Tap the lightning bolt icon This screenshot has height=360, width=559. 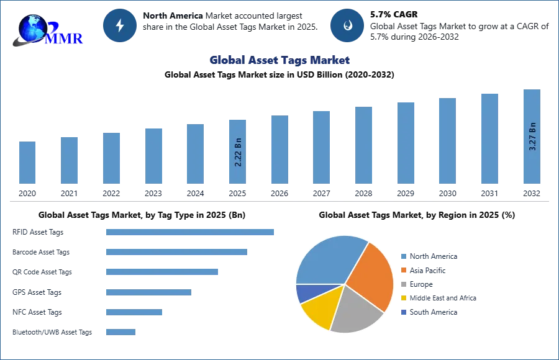tap(120, 25)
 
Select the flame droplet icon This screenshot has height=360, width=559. tap(347, 25)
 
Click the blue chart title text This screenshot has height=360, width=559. tap(280, 60)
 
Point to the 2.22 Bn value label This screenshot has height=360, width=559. tap(239, 151)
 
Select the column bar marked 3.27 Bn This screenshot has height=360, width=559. tap(532, 137)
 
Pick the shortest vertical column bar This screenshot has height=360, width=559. tap(27, 161)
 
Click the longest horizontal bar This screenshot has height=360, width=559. tap(191, 233)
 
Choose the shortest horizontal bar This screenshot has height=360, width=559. tap(121, 333)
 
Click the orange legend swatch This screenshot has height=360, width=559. tap(403, 270)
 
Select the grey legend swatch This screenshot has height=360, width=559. tap(403, 284)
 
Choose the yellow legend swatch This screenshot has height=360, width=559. tap(403, 298)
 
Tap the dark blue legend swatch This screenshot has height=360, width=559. tap(403, 312)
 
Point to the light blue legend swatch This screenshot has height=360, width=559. tap(403, 256)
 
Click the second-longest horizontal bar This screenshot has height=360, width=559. tap(176, 253)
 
